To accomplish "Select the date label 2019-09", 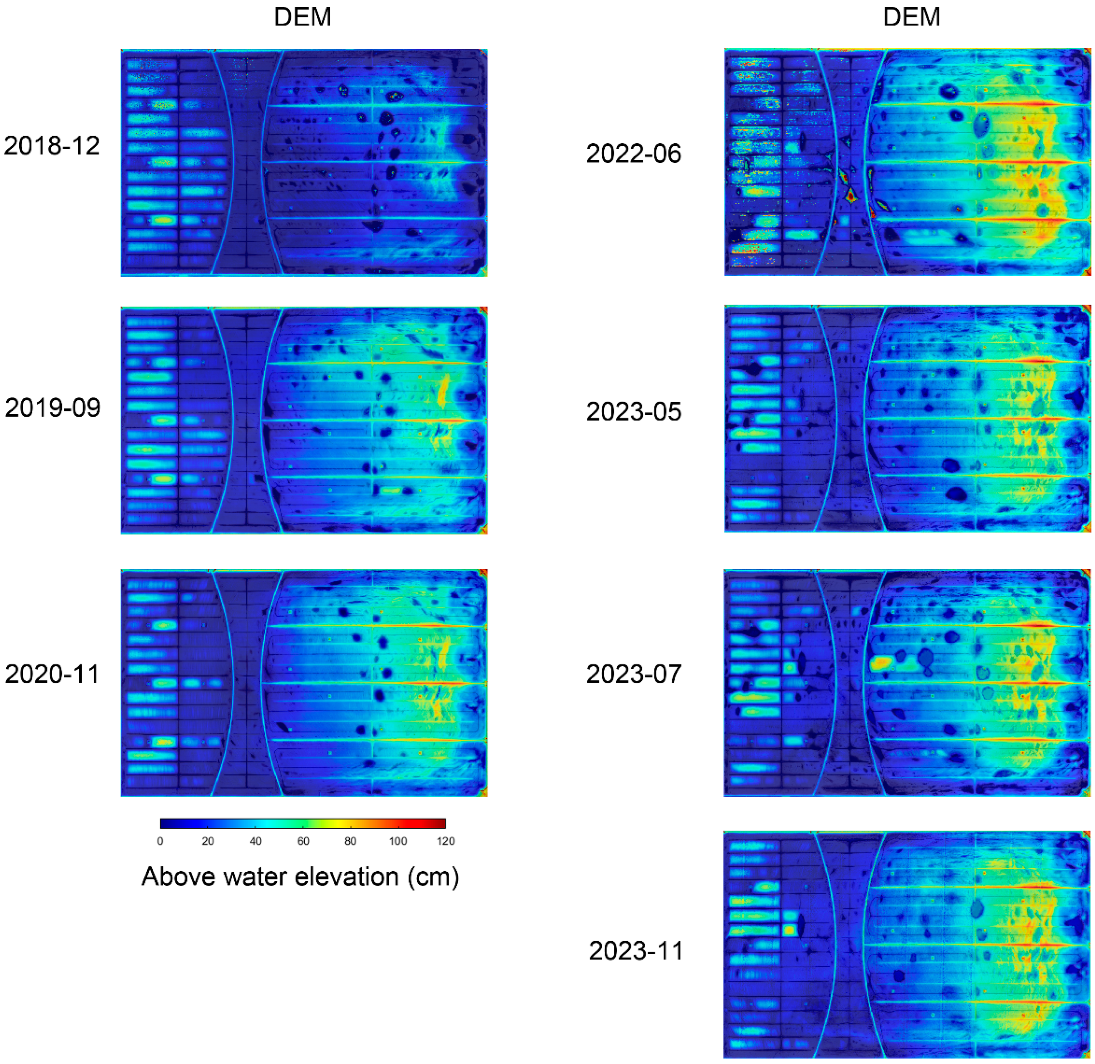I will coord(53,408).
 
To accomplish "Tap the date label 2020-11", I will coord(52,674).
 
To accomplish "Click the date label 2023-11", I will coord(636,950).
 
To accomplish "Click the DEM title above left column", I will coord(302,17).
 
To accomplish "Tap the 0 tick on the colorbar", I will coord(160,841).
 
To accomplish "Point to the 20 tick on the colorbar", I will coord(208,841).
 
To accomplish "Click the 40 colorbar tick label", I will coord(255,841).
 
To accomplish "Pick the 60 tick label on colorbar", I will coord(303,841).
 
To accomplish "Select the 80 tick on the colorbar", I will coord(350,841).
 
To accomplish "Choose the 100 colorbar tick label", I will coord(398,841).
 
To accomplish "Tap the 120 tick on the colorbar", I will coord(446,841).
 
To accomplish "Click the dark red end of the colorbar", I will coord(442,823).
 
